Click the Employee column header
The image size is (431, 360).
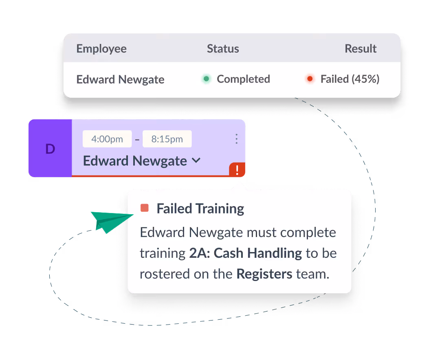[101, 49]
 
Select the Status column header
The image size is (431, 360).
[223, 48]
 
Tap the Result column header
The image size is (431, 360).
[361, 48]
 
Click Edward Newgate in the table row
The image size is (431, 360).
[121, 80]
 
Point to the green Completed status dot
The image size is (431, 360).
[206, 79]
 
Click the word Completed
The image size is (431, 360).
[244, 79]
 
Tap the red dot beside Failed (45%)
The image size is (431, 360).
[310, 79]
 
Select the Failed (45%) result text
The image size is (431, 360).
[350, 79]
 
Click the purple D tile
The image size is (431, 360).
[50, 148]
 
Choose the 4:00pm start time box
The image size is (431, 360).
[107, 139]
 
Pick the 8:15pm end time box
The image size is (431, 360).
[167, 139]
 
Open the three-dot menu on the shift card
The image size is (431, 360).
[236, 139]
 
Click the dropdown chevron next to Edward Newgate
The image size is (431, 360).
[196, 160]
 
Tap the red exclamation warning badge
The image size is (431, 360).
[237, 169]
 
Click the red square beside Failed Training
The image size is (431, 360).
[145, 208]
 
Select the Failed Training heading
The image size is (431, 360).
[200, 209]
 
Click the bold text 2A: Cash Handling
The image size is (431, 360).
[246, 253]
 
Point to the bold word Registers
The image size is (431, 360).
[264, 274]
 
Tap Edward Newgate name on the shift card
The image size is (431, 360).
[135, 161]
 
